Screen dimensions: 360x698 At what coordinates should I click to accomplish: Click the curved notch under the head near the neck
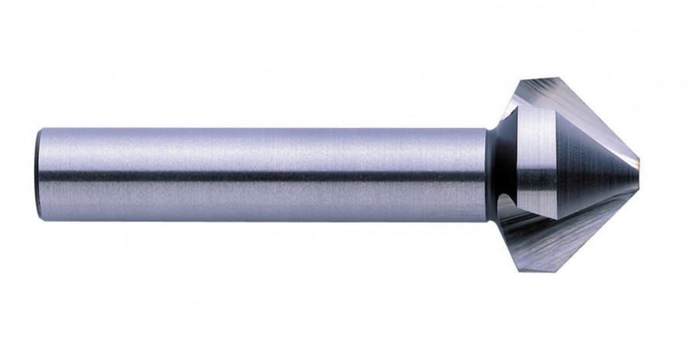[504, 203]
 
